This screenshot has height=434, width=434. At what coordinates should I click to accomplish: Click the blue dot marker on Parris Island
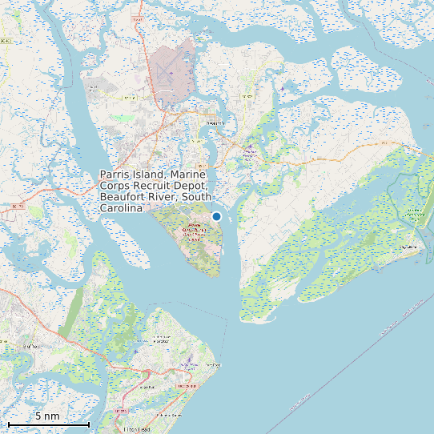216,216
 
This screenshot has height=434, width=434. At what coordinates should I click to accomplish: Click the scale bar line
48,424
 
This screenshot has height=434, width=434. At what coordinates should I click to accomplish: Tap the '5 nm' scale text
47,416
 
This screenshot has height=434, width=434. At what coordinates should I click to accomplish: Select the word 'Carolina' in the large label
121,208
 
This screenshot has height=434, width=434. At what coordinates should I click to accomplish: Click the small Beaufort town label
215,123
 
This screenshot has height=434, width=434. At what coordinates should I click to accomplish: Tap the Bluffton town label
32,345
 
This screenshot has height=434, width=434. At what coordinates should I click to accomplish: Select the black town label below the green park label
408,247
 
